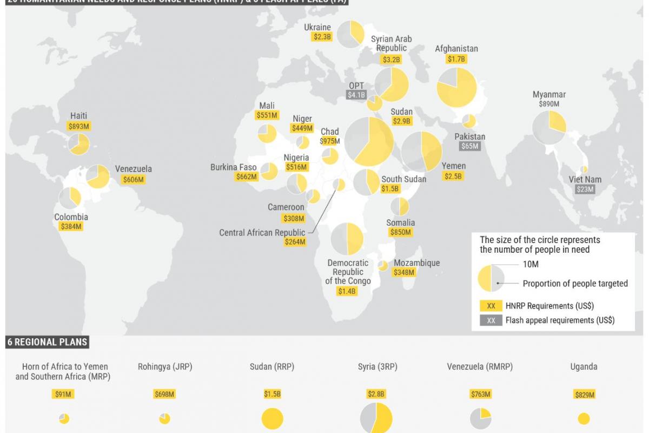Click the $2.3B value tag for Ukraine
click(322, 37)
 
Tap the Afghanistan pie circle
click(456, 87)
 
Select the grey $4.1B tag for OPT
click(356, 95)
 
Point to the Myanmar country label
click(549, 95)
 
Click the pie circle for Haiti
click(79, 144)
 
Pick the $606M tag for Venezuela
click(133, 180)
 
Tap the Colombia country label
click(71, 217)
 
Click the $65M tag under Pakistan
click(469, 146)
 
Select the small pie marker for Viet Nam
click(584, 169)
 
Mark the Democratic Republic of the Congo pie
click(347, 239)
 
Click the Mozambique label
click(416, 263)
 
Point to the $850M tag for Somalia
click(401, 232)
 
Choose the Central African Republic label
click(262, 233)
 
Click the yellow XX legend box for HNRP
click(491, 306)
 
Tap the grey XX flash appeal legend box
click(491, 320)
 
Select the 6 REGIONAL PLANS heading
click(48, 342)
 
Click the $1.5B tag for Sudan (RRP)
click(272, 394)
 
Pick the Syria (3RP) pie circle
click(376, 418)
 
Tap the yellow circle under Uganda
click(584, 418)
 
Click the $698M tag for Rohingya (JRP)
click(164, 394)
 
